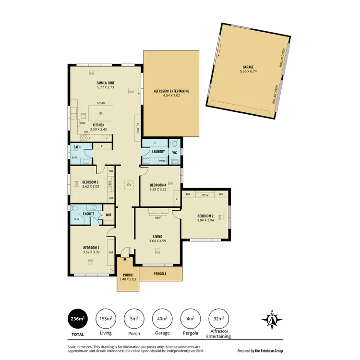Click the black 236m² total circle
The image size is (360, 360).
tap(78, 318)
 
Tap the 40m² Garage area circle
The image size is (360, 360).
tap(163, 318)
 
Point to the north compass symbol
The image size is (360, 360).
tap(271, 319)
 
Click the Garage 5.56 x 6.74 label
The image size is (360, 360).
tap(248, 69)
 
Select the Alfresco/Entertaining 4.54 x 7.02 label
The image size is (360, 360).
tap(171, 93)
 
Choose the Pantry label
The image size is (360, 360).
tap(137, 128)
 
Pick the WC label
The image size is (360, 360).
tap(175, 152)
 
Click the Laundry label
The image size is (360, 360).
tap(158, 152)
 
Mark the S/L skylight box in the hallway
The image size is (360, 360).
tap(129, 184)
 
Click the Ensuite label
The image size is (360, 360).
tap(88, 214)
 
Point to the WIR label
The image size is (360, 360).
tap(108, 215)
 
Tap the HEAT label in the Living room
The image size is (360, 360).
tap(158, 218)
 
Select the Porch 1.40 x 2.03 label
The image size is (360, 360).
tap(127, 277)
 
